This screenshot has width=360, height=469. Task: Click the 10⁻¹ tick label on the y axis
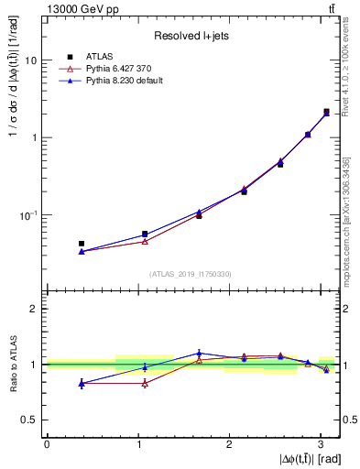click(x=29, y=216)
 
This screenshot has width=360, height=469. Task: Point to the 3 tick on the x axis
click(x=320, y=443)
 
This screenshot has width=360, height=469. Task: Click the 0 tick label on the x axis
click(x=47, y=443)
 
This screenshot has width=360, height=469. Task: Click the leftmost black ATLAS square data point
click(x=82, y=244)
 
